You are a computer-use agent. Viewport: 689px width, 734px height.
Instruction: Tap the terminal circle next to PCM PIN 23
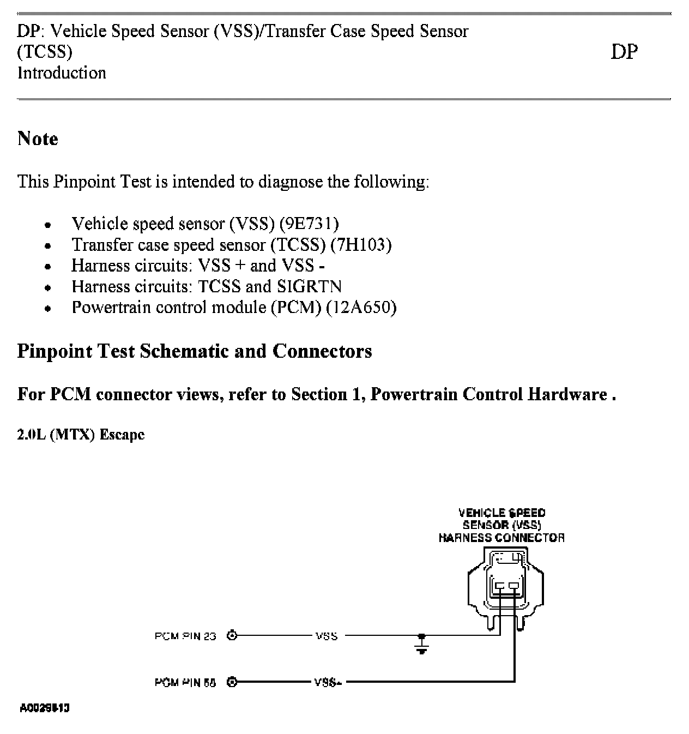pos(233,635)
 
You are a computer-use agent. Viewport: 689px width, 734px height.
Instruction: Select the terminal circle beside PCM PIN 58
pos(233,682)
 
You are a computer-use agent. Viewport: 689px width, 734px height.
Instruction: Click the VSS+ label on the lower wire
pos(327,682)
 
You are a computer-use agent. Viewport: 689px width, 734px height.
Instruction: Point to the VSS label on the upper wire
pos(326,636)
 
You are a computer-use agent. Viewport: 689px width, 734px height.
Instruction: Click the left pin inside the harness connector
pos(500,587)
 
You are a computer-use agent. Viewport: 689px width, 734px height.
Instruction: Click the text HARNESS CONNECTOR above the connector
pos(501,538)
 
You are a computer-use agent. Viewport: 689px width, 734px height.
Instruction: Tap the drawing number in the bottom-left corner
pos(45,708)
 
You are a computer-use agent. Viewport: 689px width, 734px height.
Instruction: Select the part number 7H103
pos(361,245)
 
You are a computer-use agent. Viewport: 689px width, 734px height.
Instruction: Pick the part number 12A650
pos(361,308)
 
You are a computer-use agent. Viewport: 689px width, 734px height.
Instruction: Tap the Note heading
pos(38,139)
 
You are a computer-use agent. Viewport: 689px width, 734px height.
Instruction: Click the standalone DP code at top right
pos(624,52)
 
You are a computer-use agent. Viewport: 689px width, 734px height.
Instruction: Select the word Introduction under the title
pos(62,73)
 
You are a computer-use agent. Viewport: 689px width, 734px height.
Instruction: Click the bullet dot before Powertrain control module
pos(49,309)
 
